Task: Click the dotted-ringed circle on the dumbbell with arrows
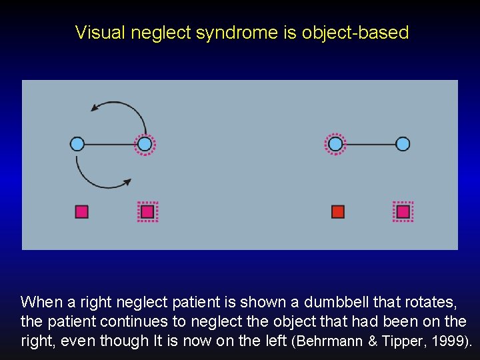tap(145, 143)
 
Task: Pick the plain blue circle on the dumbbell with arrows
tap(77, 143)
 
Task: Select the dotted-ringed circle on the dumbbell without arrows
tap(335, 143)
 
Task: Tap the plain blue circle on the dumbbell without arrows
tap(403, 143)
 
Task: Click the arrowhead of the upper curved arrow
tap(95, 108)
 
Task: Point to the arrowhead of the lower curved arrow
tap(126, 181)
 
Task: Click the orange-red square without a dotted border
tap(338, 211)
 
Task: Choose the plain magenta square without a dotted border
tap(82, 211)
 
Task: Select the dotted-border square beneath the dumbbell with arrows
tap(147, 211)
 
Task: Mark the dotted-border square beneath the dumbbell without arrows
tap(403, 211)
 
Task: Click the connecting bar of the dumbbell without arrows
tap(369, 143)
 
